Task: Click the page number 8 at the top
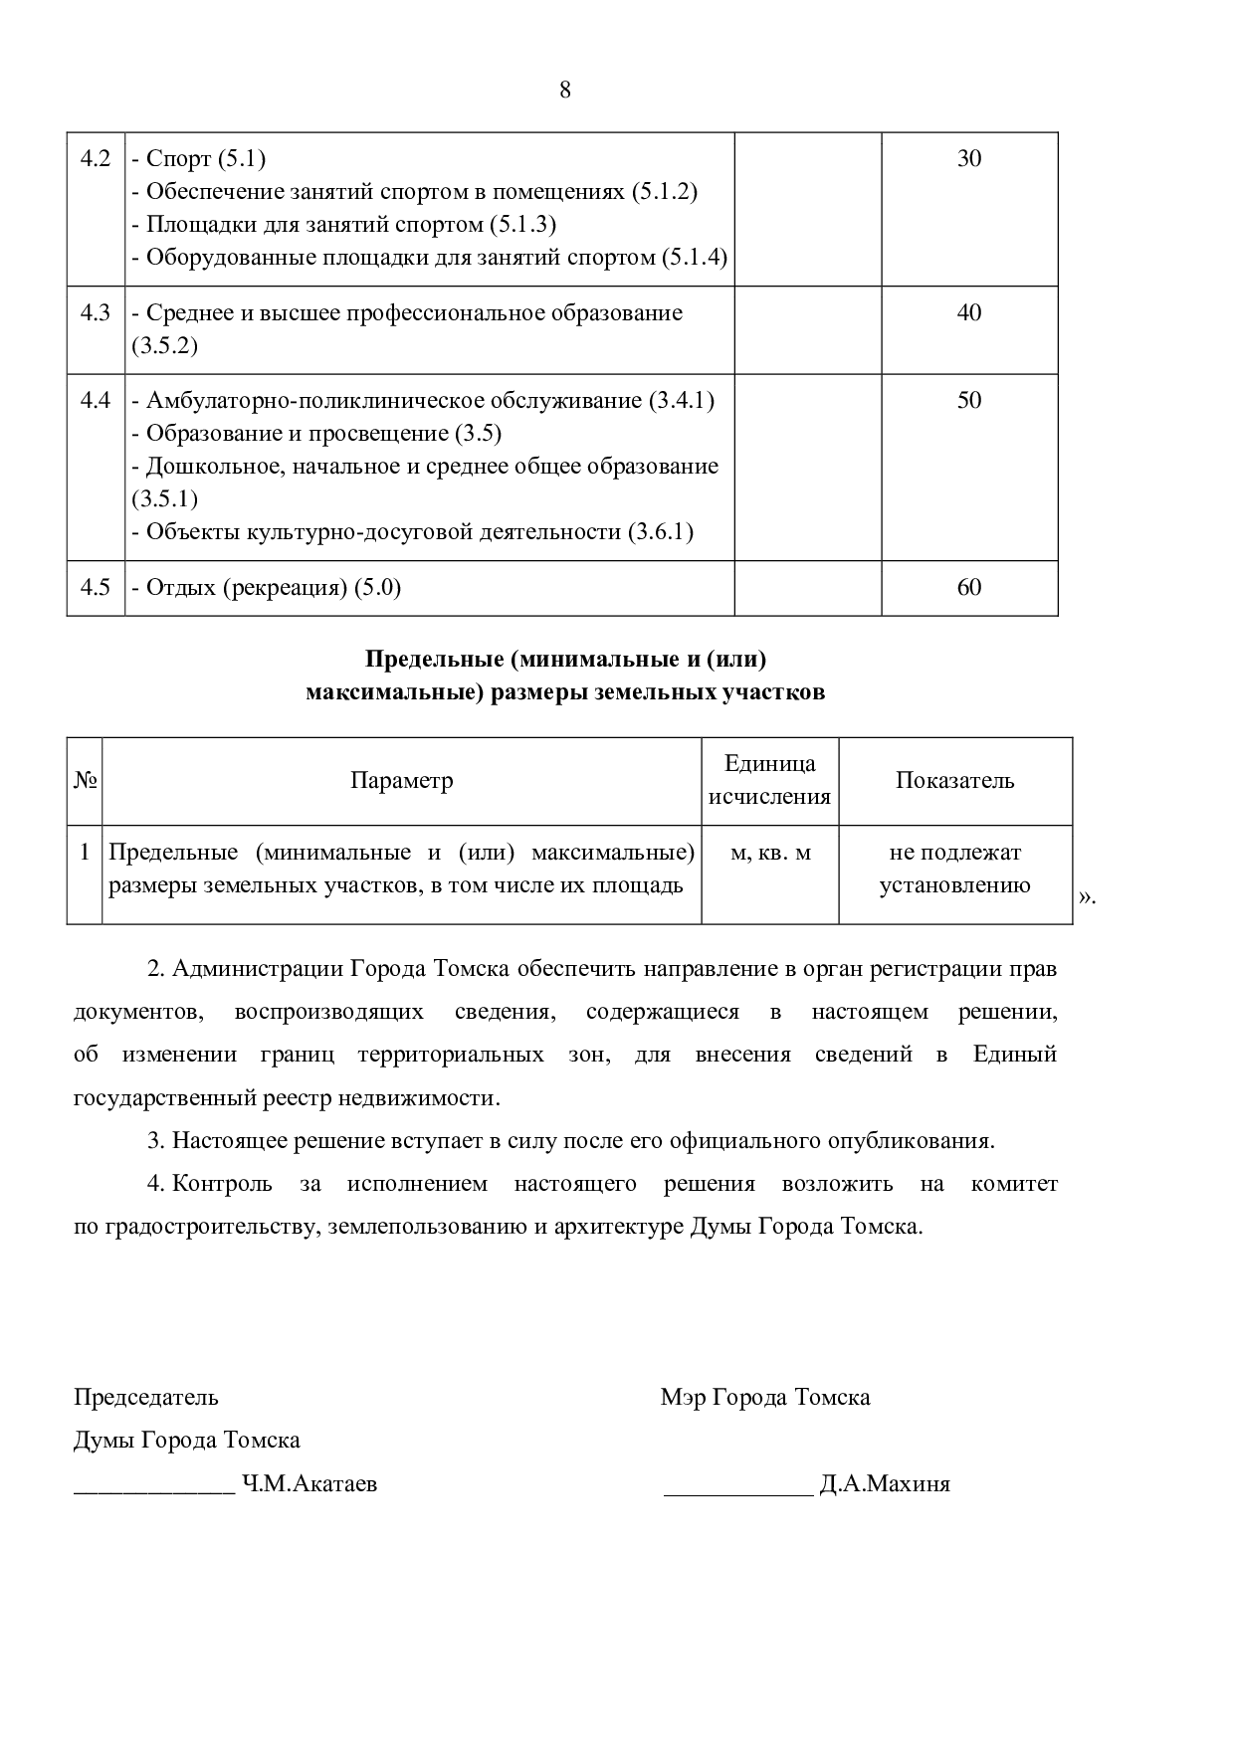pos(565,91)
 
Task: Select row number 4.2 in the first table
pos(96,158)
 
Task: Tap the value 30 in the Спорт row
pos(969,158)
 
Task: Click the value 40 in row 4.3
pos(969,312)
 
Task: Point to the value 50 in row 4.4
pos(969,400)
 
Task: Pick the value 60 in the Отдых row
pos(969,587)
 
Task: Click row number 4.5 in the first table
pos(96,587)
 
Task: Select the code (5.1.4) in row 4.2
pos(695,258)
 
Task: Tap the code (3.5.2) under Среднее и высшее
pos(164,345)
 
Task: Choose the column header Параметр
pos(401,780)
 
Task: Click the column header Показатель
pos(954,780)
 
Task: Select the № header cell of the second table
pos(85,780)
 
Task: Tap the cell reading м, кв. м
pos(770,853)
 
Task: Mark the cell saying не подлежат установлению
pos(954,869)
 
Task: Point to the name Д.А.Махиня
pos(884,1484)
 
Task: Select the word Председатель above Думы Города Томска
pos(145,1397)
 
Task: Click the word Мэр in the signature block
pos(683,1397)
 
